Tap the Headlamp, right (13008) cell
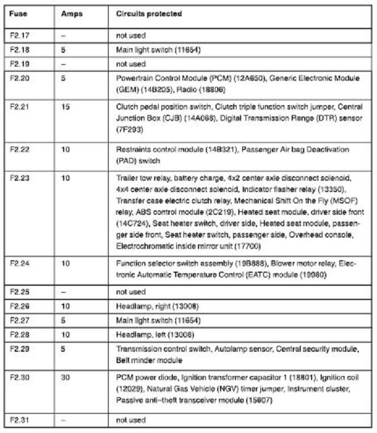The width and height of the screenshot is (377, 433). click(158, 306)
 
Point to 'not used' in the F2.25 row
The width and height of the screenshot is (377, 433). click(131, 292)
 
